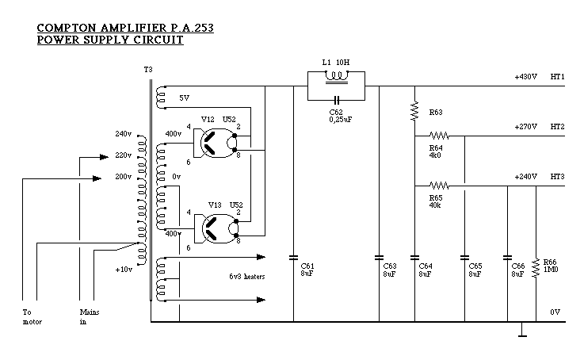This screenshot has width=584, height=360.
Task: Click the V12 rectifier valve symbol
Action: (215, 141)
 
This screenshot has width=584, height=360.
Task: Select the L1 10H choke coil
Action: (337, 78)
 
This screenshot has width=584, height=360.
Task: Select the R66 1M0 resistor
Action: (537, 264)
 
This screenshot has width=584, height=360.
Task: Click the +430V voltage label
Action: (525, 77)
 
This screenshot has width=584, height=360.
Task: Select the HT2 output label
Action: (557, 127)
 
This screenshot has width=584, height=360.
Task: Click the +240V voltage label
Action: (525, 176)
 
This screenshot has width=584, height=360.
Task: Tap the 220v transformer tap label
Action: (122, 155)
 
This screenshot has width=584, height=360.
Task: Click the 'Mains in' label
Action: (89, 316)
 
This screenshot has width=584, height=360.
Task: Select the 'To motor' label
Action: (32, 316)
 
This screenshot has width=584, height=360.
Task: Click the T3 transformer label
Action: (148, 70)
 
